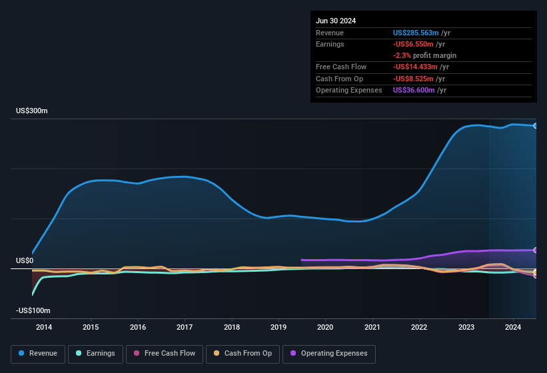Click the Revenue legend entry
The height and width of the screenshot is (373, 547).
[38, 354]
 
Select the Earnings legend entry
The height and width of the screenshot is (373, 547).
[95, 354]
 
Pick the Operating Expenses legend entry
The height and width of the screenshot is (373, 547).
[329, 354]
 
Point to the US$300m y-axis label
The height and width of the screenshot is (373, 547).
[32, 111]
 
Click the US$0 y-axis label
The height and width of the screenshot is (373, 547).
[25, 260]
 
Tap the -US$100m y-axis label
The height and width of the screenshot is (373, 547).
[33, 310]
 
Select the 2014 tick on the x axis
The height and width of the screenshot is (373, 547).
[44, 327]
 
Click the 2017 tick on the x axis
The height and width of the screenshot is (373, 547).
[185, 327]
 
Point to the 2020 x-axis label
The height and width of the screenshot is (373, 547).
[325, 327]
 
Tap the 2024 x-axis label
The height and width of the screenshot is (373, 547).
[513, 327]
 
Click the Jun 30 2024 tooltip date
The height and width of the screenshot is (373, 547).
[336, 21]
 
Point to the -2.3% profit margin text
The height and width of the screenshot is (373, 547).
[424, 55]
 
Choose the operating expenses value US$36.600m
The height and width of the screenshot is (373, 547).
[414, 90]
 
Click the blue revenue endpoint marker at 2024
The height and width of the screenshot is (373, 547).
[536, 126]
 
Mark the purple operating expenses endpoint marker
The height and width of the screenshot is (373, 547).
[536, 250]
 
